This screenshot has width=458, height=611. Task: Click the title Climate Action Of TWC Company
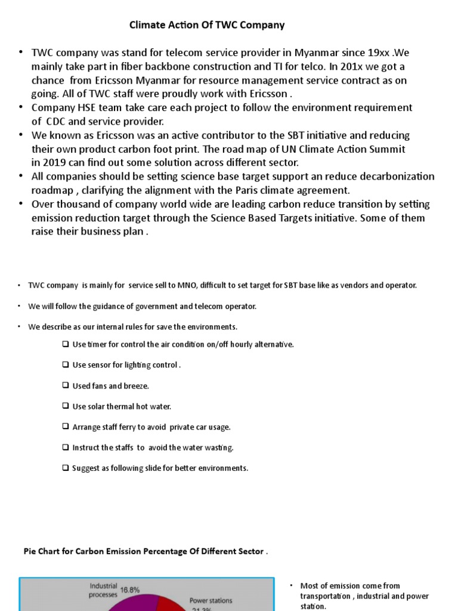207,25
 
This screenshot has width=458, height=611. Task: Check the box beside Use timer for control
65,345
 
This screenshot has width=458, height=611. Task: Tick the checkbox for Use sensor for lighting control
65,365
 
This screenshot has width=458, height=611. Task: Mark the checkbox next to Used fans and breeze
65,386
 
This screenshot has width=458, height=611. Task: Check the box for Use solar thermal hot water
65,406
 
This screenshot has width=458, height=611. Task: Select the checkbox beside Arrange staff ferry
65,427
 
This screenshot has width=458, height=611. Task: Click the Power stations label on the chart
211,600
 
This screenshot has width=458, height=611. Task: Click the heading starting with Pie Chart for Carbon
143,551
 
